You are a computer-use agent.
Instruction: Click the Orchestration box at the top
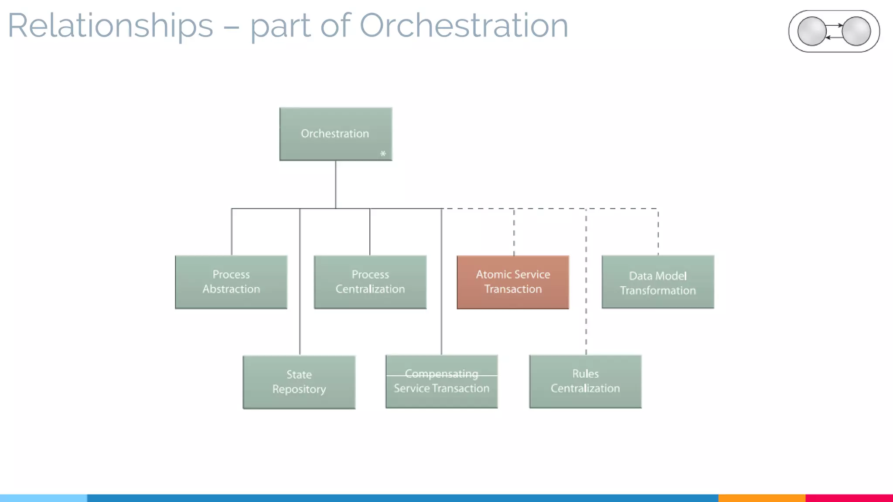click(335, 134)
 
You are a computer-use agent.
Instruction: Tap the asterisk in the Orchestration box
click(383, 153)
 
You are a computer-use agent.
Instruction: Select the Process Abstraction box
click(231, 282)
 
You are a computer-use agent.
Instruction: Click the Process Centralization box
click(370, 282)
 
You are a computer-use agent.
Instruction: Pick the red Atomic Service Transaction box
click(513, 282)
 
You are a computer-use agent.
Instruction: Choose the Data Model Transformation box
click(658, 282)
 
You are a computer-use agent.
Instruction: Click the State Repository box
click(299, 382)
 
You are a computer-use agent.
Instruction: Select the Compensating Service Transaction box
click(441, 382)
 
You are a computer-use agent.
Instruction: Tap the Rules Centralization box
click(585, 381)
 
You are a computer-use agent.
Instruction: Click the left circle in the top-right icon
click(811, 31)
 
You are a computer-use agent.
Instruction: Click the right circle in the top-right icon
click(856, 31)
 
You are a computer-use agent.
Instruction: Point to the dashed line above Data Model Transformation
click(658, 231)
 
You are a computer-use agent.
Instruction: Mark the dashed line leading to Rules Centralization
click(586, 305)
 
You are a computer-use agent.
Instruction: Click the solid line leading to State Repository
click(300, 305)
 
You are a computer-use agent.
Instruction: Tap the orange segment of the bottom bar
click(761, 498)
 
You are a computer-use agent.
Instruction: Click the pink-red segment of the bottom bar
click(849, 498)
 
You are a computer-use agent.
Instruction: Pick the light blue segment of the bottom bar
click(44, 498)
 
